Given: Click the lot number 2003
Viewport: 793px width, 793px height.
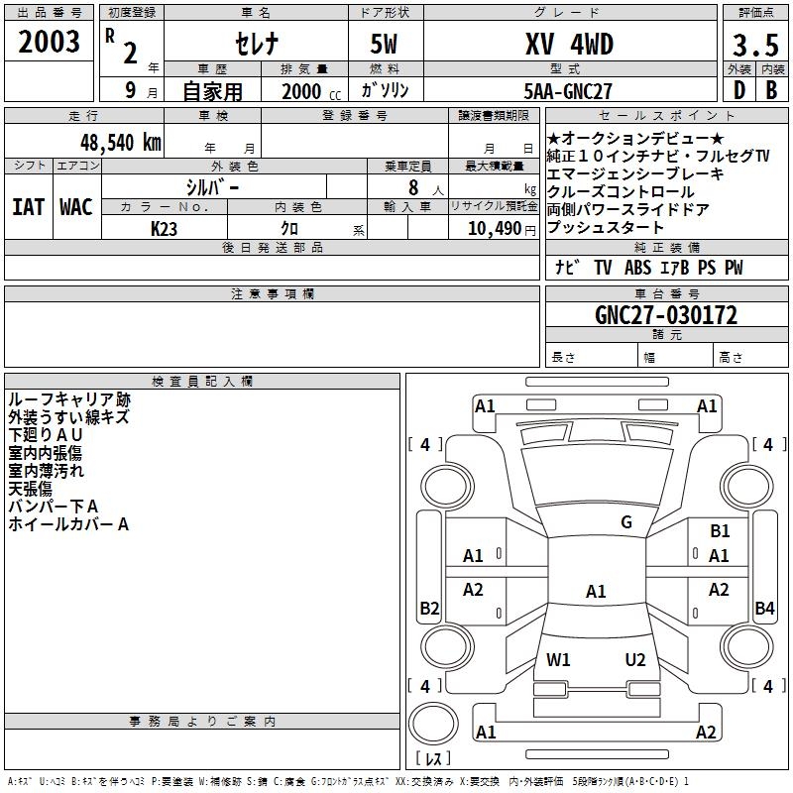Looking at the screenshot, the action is pyautogui.click(x=49, y=42).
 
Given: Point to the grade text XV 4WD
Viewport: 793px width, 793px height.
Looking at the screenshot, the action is pyautogui.click(x=569, y=45).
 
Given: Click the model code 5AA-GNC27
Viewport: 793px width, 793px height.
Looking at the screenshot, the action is pyautogui.click(x=568, y=90).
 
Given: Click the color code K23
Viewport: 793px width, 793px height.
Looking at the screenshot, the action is pyautogui.click(x=165, y=228).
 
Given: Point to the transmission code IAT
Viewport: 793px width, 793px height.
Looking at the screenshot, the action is pyautogui.click(x=29, y=206).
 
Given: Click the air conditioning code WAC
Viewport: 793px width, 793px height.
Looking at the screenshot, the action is pyautogui.click(x=76, y=206).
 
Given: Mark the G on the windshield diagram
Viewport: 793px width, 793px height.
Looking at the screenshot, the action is pyautogui.click(x=625, y=522).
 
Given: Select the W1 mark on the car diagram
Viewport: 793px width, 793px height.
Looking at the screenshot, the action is pyautogui.click(x=558, y=659).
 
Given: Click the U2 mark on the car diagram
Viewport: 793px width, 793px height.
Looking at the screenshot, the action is pyautogui.click(x=635, y=659).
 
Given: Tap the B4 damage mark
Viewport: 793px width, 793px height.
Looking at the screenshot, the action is pyautogui.click(x=764, y=608).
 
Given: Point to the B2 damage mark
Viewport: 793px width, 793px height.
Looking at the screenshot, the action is pyautogui.click(x=429, y=608).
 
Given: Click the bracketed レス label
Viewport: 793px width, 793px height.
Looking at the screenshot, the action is pyautogui.click(x=433, y=758).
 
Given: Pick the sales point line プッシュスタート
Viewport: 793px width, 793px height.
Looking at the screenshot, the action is pyautogui.click(x=605, y=228).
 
